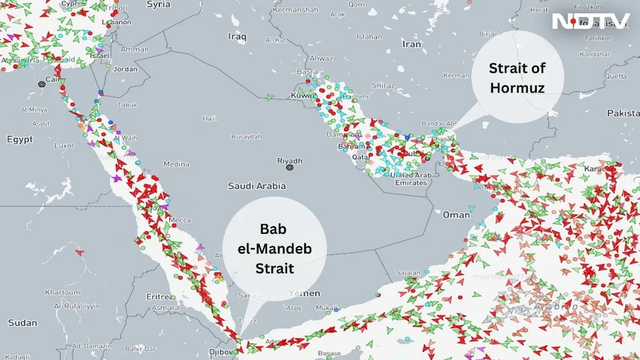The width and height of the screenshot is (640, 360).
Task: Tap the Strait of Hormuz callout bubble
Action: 517,77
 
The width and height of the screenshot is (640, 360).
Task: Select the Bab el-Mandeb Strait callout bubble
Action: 274,248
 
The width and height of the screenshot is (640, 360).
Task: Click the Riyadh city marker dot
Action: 290,168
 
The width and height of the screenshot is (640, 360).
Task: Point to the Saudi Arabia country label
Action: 257,186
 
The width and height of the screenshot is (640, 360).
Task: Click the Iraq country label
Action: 237,37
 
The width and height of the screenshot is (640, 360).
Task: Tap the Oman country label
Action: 456,215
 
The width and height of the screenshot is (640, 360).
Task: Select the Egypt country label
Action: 20,139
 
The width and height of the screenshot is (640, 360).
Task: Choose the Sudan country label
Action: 22,323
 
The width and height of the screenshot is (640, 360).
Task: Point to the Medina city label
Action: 176,164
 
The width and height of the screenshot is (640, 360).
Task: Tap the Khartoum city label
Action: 62,292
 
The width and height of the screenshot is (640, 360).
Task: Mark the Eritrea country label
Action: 160,297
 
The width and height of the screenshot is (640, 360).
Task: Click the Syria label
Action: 158,4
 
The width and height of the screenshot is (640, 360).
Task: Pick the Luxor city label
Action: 64,145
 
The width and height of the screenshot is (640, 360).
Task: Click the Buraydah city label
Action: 246,136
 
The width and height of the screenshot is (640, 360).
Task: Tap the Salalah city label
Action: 407,273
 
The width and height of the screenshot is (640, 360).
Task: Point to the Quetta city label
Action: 615,76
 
